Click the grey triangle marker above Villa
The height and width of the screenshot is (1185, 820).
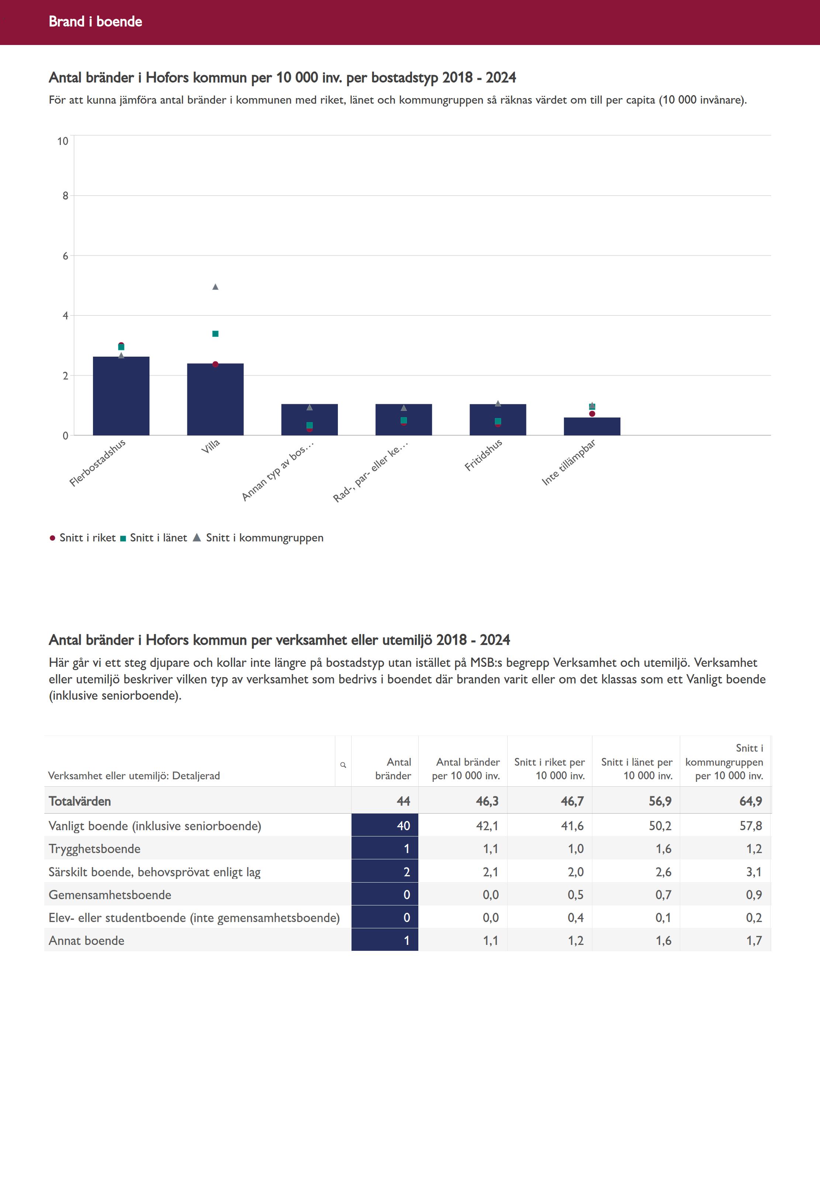[215, 287]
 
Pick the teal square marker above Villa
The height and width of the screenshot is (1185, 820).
[215, 334]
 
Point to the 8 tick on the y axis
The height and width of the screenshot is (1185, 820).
[65, 196]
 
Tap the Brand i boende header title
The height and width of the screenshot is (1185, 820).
[96, 21]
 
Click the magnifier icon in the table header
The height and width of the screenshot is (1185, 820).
[343, 765]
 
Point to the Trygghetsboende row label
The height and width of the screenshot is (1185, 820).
[94, 849]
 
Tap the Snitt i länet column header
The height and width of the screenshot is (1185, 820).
[637, 769]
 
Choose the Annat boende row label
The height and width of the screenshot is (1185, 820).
[86, 940]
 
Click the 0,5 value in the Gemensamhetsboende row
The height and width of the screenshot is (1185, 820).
[575, 895]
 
